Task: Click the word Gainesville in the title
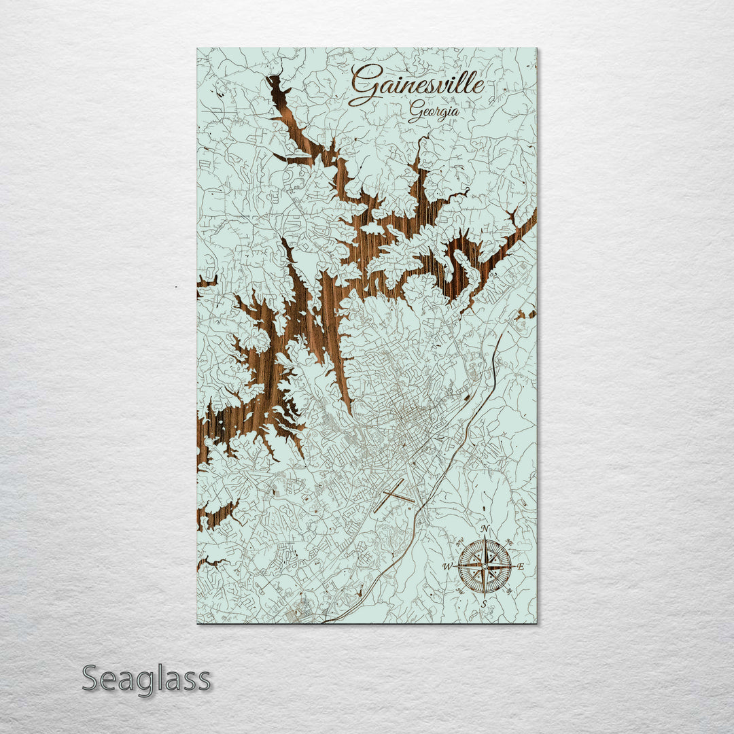tap(418, 84)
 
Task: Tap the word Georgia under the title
tap(434, 111)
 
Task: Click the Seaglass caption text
tap(146, 679)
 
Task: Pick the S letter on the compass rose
tap(484, 603)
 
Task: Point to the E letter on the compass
tap(521, 566)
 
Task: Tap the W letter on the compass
tap(448, 566)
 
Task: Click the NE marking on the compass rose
tap(510, 540)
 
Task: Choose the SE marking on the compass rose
tap(510, 591)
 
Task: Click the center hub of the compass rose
tap(485, 565)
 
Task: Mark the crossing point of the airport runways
tap(393, 495)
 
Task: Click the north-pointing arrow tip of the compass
tap(485, 538)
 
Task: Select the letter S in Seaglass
tap(92, 678)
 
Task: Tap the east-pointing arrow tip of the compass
tap(512, 565)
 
